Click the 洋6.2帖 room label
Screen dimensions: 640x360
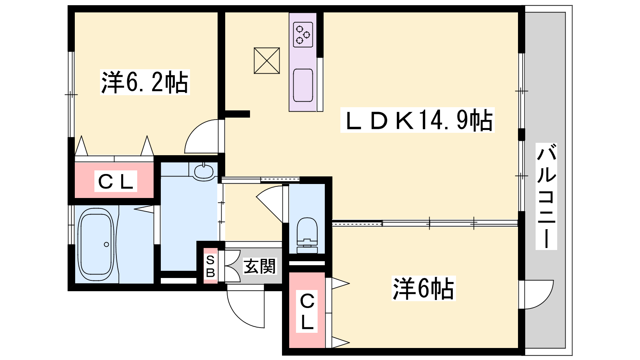[145, 82]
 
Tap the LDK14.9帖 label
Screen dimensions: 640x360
[418, 120]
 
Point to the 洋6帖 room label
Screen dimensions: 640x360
[424, 288]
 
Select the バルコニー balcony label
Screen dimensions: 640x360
[546, 196]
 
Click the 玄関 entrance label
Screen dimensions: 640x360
[260, 266]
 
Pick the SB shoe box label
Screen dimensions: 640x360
[210, 266]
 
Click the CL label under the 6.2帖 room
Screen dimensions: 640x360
[116, 181]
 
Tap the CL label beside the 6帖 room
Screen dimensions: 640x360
[307, 312]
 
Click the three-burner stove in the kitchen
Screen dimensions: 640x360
[303, 34]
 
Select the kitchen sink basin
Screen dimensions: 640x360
[303, 85]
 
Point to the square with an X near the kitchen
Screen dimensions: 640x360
[267, 60]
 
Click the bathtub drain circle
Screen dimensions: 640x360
[106, 244]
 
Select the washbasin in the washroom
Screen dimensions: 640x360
[204, 172]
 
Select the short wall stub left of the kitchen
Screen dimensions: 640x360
[238, 114]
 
